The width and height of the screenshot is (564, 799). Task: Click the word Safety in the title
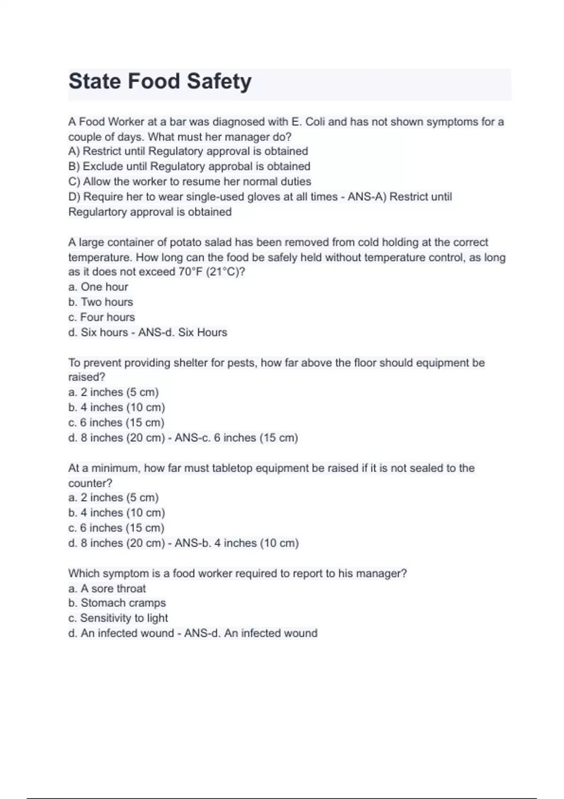coord(219,81)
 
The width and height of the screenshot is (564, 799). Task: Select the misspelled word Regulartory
coord(97,212)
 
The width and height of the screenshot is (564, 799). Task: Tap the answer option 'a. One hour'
coord(98,287)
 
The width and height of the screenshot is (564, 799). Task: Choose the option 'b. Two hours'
coord(100,302)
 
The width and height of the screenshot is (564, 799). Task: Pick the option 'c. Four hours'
coord(101,317)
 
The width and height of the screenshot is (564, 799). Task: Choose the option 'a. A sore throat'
coord(107,588)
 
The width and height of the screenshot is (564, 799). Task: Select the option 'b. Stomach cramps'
coord(117,603)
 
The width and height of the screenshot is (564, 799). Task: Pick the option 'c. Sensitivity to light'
coord(117,618)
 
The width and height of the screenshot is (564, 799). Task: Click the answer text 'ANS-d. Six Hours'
coord(182,332)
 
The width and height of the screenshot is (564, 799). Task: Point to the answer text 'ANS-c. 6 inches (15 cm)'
coord(236,438)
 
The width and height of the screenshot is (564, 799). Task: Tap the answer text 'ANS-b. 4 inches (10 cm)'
coord(236,543)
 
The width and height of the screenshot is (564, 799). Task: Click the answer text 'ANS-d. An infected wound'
coord(251,633)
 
